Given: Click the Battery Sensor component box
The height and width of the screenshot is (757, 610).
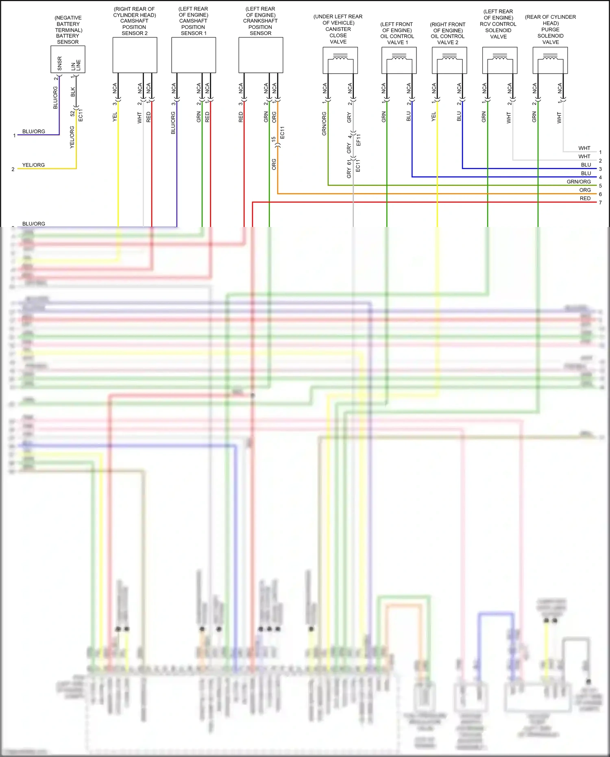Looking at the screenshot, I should pyautogui.click(x=68, y=59).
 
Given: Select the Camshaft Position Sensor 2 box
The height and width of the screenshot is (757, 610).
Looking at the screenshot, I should pyautogui.click(x=135, y=55).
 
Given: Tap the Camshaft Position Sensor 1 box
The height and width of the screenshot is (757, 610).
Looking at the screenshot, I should pyautogui.click(x=194, y=55).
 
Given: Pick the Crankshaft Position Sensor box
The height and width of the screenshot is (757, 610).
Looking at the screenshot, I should pyautogui.click(x=261, y=55).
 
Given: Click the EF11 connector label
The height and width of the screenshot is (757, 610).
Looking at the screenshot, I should pyautogui.click(x=358, y=140).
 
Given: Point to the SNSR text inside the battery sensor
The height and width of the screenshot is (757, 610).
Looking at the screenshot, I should pyautogui.click(x=60, y=63).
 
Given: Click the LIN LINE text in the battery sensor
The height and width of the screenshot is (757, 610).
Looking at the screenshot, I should pyautogui.click(x=76, y=65).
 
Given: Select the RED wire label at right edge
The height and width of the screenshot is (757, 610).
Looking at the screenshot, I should pyautogui.click(x=585, y=199).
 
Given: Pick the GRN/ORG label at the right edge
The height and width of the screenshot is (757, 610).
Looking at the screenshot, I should pyautogui.click(x=579, y=182).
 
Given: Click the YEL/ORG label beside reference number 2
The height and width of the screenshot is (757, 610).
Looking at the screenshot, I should pyautogui.click(x=33, y=165).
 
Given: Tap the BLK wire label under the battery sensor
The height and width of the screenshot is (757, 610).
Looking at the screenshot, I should pyautogui.click(x=73, y=92).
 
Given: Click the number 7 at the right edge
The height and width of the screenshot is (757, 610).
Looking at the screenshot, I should pyautogui.click(x=600, y=203).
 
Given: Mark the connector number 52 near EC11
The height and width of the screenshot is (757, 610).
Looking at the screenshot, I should pyautogui.click(x=73, y=113).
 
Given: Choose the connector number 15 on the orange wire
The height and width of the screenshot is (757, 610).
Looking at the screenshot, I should pyautogui.click(x=274, y=139).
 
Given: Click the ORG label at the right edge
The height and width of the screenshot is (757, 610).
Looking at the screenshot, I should pyautogui.click(x=585, y=190).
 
